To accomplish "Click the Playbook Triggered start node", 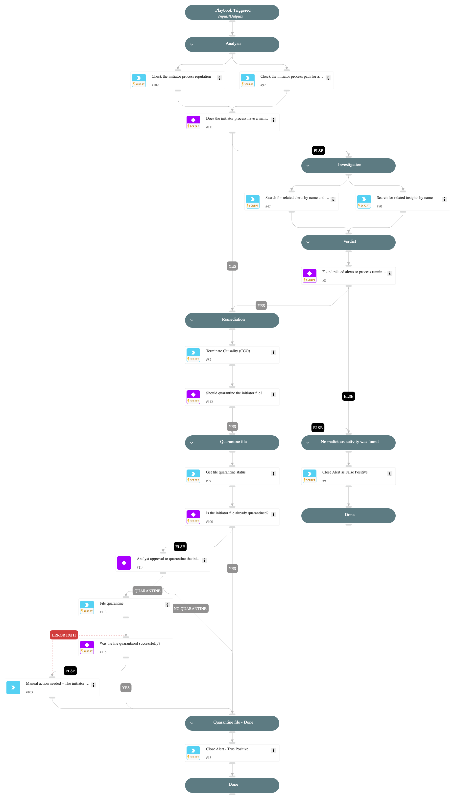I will pyautogui.click(x=232, y=13).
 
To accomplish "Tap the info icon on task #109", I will pyautogui.click(x=219, y=78).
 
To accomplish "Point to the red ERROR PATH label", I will pyautogui.click(x=64, y=635).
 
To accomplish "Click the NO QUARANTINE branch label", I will pyautogui.click(x=190, y=608).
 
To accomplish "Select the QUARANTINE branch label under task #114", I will pyautogui.click(x=147, y=590).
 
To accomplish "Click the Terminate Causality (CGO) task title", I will pyautogui.click(x=228, y=351).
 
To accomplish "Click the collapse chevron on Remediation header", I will pyautogui.click(x=192, y=320).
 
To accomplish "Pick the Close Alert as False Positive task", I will pyautogui.click(x=345, y=472).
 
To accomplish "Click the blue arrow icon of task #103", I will pyautogui.click(x=13, y=687).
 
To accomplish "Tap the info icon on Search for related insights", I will pyautogui.click(x=444, y=199).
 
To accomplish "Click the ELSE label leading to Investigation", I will pyautogui.click(x=318, y=151).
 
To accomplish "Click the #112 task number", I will pyautogui.click(x=209, y=402).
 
